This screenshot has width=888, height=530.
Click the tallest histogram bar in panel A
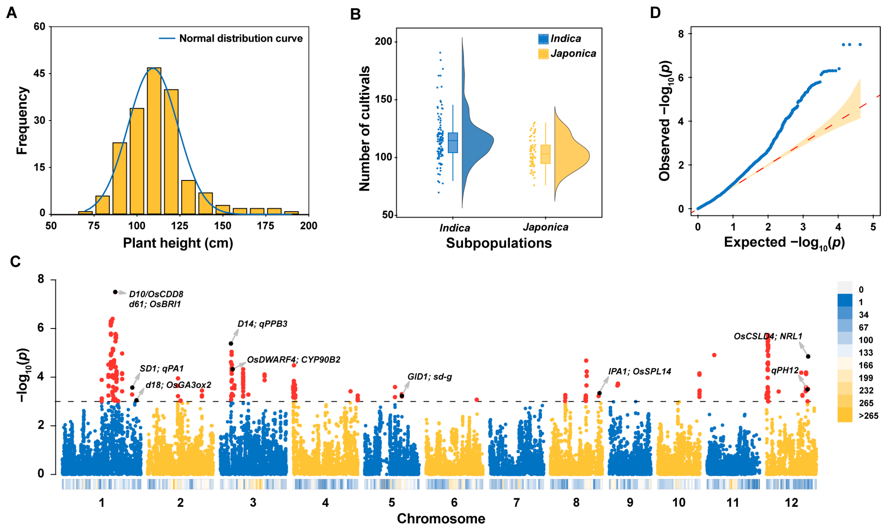click(154, 141)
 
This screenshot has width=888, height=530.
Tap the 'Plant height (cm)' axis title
click(178, 243)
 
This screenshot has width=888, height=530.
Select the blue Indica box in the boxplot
click(453, 143)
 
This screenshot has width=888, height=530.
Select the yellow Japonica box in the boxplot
click(545, 154)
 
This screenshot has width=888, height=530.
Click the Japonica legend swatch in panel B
click(543, 54)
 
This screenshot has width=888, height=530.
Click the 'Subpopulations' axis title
click(498, 243)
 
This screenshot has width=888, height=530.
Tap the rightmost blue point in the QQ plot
click(860, 45)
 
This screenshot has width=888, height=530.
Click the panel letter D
click(655, 13)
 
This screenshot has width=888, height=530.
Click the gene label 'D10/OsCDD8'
click(156, 294)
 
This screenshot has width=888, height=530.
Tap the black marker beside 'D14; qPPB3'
click(231, 344)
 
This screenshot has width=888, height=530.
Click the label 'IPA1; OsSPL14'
click(640, 372)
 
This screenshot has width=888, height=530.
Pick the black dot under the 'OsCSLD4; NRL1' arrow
click(808, 357)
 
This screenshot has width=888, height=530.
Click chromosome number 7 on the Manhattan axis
click(516, 503)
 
